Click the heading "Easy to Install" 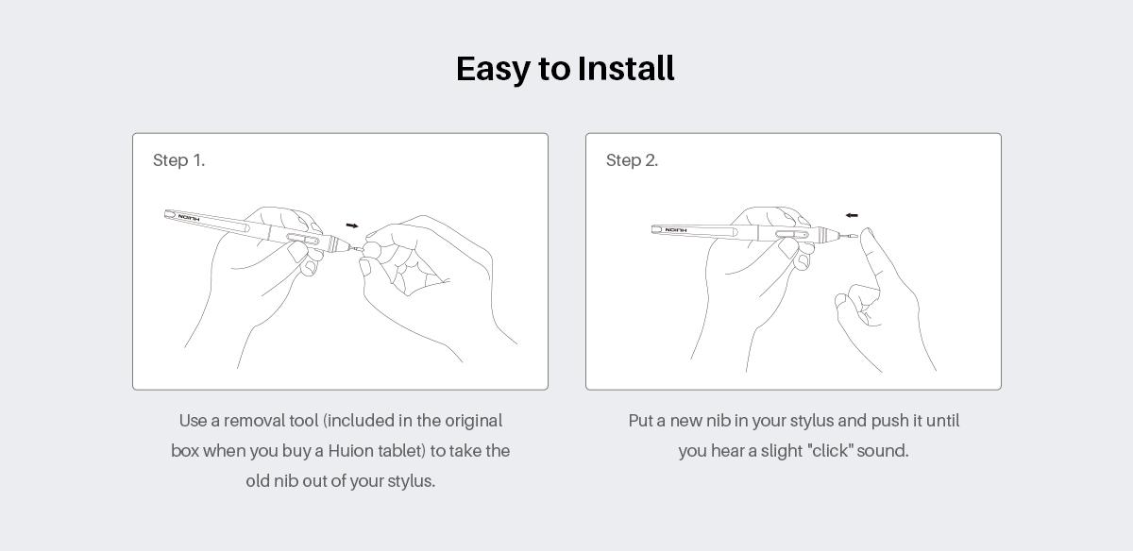point(565,69)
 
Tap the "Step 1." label point(178,160)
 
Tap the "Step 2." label point(632,160)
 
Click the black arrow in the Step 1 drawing point(352,225)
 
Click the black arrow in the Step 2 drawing point(852,215)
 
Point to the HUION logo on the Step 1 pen point(189,218)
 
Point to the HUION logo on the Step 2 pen point(676,230)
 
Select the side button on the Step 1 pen point(302,239)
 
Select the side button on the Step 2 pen point(791,234)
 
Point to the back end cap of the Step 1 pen point(170,214)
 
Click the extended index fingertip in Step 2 point(867,236)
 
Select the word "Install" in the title point(626,68)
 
